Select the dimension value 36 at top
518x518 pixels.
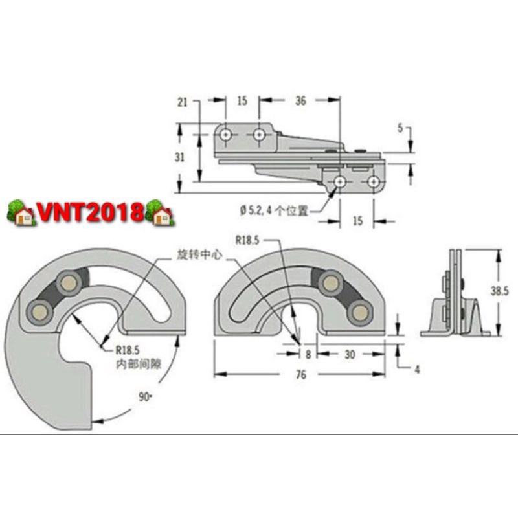tap(300, 100)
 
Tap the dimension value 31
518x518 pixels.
tap(182, 157)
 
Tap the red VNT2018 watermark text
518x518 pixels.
tap(91, 212)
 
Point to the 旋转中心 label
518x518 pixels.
tap(196, 255)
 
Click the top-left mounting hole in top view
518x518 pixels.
tap(225, 135)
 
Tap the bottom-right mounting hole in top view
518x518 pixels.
tap(373, 183)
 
